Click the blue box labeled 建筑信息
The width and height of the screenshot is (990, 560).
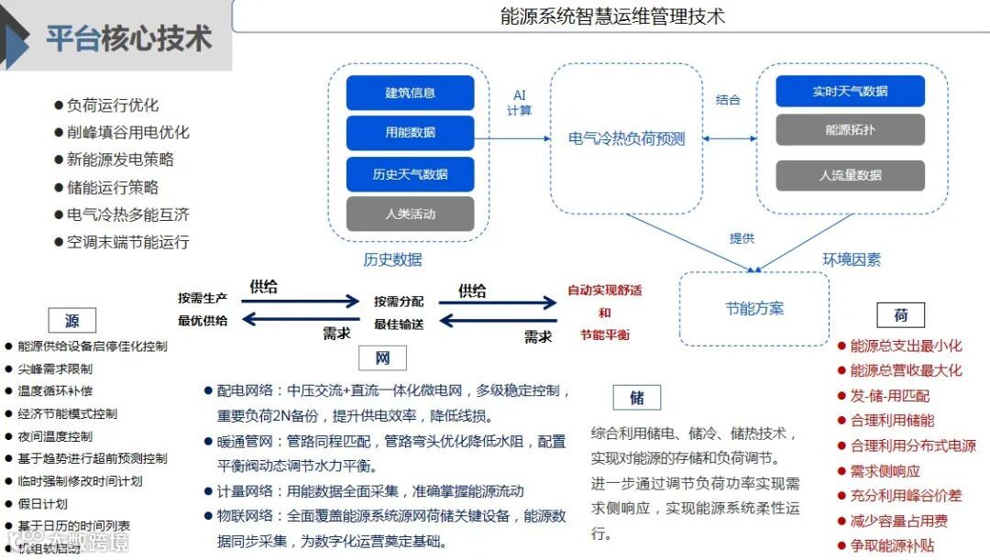pyautogui.click(x=410, y=93)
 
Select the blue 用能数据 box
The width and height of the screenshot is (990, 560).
pyautogui.click(x=410, y=133)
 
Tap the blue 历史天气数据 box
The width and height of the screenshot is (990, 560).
pyautogui.click(x=410, y=174)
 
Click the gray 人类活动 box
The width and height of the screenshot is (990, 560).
pyautogui.click(x=410, y=214)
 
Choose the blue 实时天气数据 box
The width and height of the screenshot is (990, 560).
pyautogui.click(x=850, y=91)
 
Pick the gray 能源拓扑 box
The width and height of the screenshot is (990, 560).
pyautogui.click(x=850, y=130)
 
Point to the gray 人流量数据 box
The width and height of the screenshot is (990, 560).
pyautogui.click(x=850, y=175)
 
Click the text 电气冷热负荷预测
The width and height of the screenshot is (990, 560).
pyautogui.click(x=626, y=139)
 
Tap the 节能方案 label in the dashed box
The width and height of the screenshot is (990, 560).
pyautogui.click(x=754, y=309)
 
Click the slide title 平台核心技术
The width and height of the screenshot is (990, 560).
pyautogui.click(x=128, y=38)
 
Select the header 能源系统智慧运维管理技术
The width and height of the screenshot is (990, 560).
pyautogui.click(x=613, y=16)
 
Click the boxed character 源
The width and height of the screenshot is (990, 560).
pyautogui.click(x=72, y=320)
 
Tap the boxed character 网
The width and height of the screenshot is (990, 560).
pyautogui.click(x=382, y=357)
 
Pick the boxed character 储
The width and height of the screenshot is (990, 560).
pyautogui.click(x=636, y=397)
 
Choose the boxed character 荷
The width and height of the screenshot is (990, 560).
pyautogui.click(x=900, y=315)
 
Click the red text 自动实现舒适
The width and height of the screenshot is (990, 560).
pyautogui.click(x=605, y=291)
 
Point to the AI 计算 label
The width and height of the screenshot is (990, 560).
pyautogui.click(x=520, y=103)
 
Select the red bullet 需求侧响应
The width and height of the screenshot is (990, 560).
pyautogui.click(x=885, y=471)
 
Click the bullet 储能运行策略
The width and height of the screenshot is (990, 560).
pyautogui.click(x=113, y=187)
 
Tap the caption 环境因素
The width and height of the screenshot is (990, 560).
pyautogui.click(x=851, y=260)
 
